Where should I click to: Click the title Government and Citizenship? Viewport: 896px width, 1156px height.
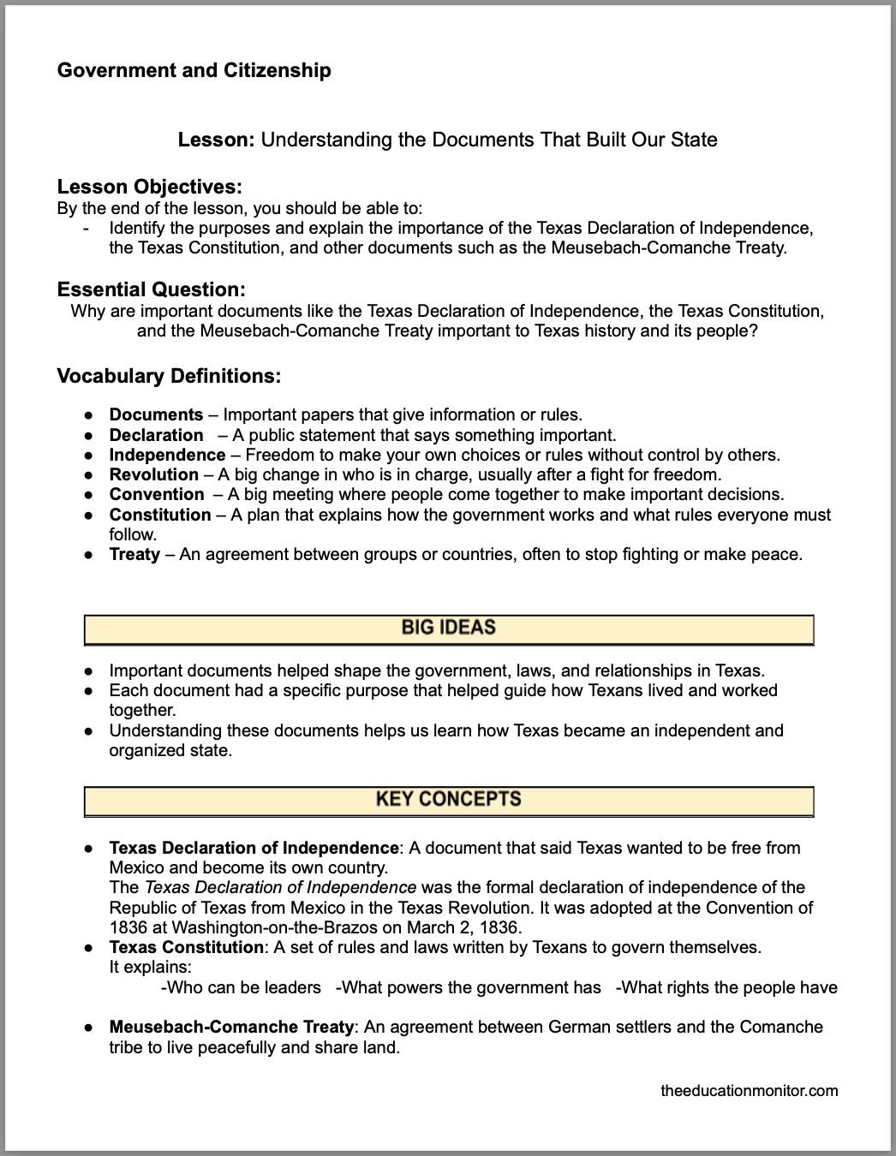click(x=194, y=70)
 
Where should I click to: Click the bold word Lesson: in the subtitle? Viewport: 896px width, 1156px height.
click(x=216, y=140)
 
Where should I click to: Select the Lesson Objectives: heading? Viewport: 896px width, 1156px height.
click(x=149, y=187)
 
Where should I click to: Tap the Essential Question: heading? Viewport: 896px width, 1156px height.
click(x=151, y=289)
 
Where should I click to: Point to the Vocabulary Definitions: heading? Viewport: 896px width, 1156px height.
click(x=169, y=376)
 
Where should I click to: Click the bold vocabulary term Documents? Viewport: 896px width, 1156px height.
click(x=156, y=415)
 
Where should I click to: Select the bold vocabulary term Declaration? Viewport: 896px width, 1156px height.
click(x=156, y=435)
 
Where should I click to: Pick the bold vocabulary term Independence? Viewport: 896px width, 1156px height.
click(x=167, y=455)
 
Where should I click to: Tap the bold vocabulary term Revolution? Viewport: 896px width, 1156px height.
click(x=153, y=474)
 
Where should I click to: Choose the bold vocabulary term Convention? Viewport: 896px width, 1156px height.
click(x=157, y=494)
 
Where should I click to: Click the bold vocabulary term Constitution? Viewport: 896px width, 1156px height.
click(x=159, y=515)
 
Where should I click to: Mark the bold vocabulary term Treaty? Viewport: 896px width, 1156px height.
click(x=134, y=554)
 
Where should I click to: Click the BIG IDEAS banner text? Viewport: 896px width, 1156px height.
click(x=448, y=628)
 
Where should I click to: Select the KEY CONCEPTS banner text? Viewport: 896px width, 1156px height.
click(x=448, y=799)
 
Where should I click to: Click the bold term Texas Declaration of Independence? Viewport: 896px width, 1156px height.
click(x=254, y=848)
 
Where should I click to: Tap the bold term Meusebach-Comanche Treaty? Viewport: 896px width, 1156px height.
click(x=231, y=1027)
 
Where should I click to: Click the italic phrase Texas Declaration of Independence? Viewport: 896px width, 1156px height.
click(x=281, y=887)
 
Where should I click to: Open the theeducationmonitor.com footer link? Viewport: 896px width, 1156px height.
click(x=750, y=1091)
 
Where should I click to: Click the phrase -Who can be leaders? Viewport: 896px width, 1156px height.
click(x=241, y=987)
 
